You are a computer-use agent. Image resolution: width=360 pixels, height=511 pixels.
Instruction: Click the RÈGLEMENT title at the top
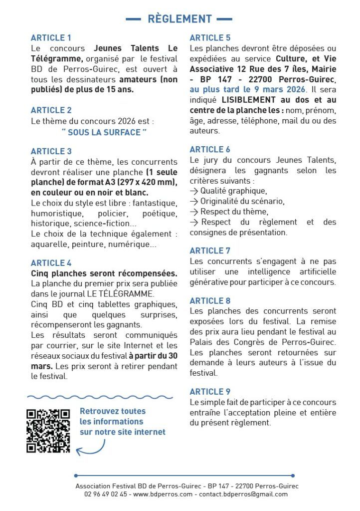[x=180, y=19]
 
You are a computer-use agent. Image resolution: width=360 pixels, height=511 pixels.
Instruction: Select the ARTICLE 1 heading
[x=51, y=38]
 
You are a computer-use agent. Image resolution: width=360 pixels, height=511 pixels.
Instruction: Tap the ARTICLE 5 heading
[x=210, y=38]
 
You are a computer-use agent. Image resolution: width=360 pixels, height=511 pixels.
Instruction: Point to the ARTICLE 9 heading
[x=210, y=392]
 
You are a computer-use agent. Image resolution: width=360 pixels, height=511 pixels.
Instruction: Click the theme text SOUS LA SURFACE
[x=104, y=132]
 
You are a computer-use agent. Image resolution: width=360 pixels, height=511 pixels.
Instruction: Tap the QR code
[x=48, y=431]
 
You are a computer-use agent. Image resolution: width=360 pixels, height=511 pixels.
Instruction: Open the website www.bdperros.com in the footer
[x=163, y=494]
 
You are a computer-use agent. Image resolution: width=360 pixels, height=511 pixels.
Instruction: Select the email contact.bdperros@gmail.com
[x=243, y=494]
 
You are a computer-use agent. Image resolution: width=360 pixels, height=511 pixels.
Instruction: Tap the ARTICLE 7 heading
[x=210, y=251]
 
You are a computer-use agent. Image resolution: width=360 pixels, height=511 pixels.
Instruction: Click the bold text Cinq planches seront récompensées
[x=104, y=273]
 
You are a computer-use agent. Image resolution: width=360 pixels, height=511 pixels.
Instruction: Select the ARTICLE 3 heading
[x=51, y=151]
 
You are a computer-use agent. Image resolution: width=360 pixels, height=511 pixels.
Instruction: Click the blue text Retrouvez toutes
[x=113, y=411]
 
